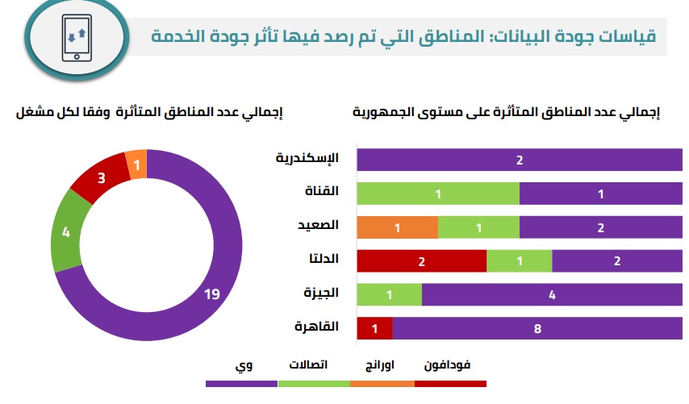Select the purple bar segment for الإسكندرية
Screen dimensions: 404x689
tap(520, 160)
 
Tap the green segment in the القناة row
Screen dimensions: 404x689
tap(438, 194)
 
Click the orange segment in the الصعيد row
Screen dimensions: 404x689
tap(397, 228)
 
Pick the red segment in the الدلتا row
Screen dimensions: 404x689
tap(421, 261)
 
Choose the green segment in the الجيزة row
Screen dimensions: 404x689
tap(389, 295)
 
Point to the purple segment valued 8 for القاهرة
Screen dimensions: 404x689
tap(537, 328)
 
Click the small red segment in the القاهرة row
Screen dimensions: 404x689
tap(374, 328)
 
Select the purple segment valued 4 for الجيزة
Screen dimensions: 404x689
tap(552, 295)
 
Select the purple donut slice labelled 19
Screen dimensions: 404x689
tap(211, 294)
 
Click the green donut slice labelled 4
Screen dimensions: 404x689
tap(66, 233)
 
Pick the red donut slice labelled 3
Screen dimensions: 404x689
tap(102, 177)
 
